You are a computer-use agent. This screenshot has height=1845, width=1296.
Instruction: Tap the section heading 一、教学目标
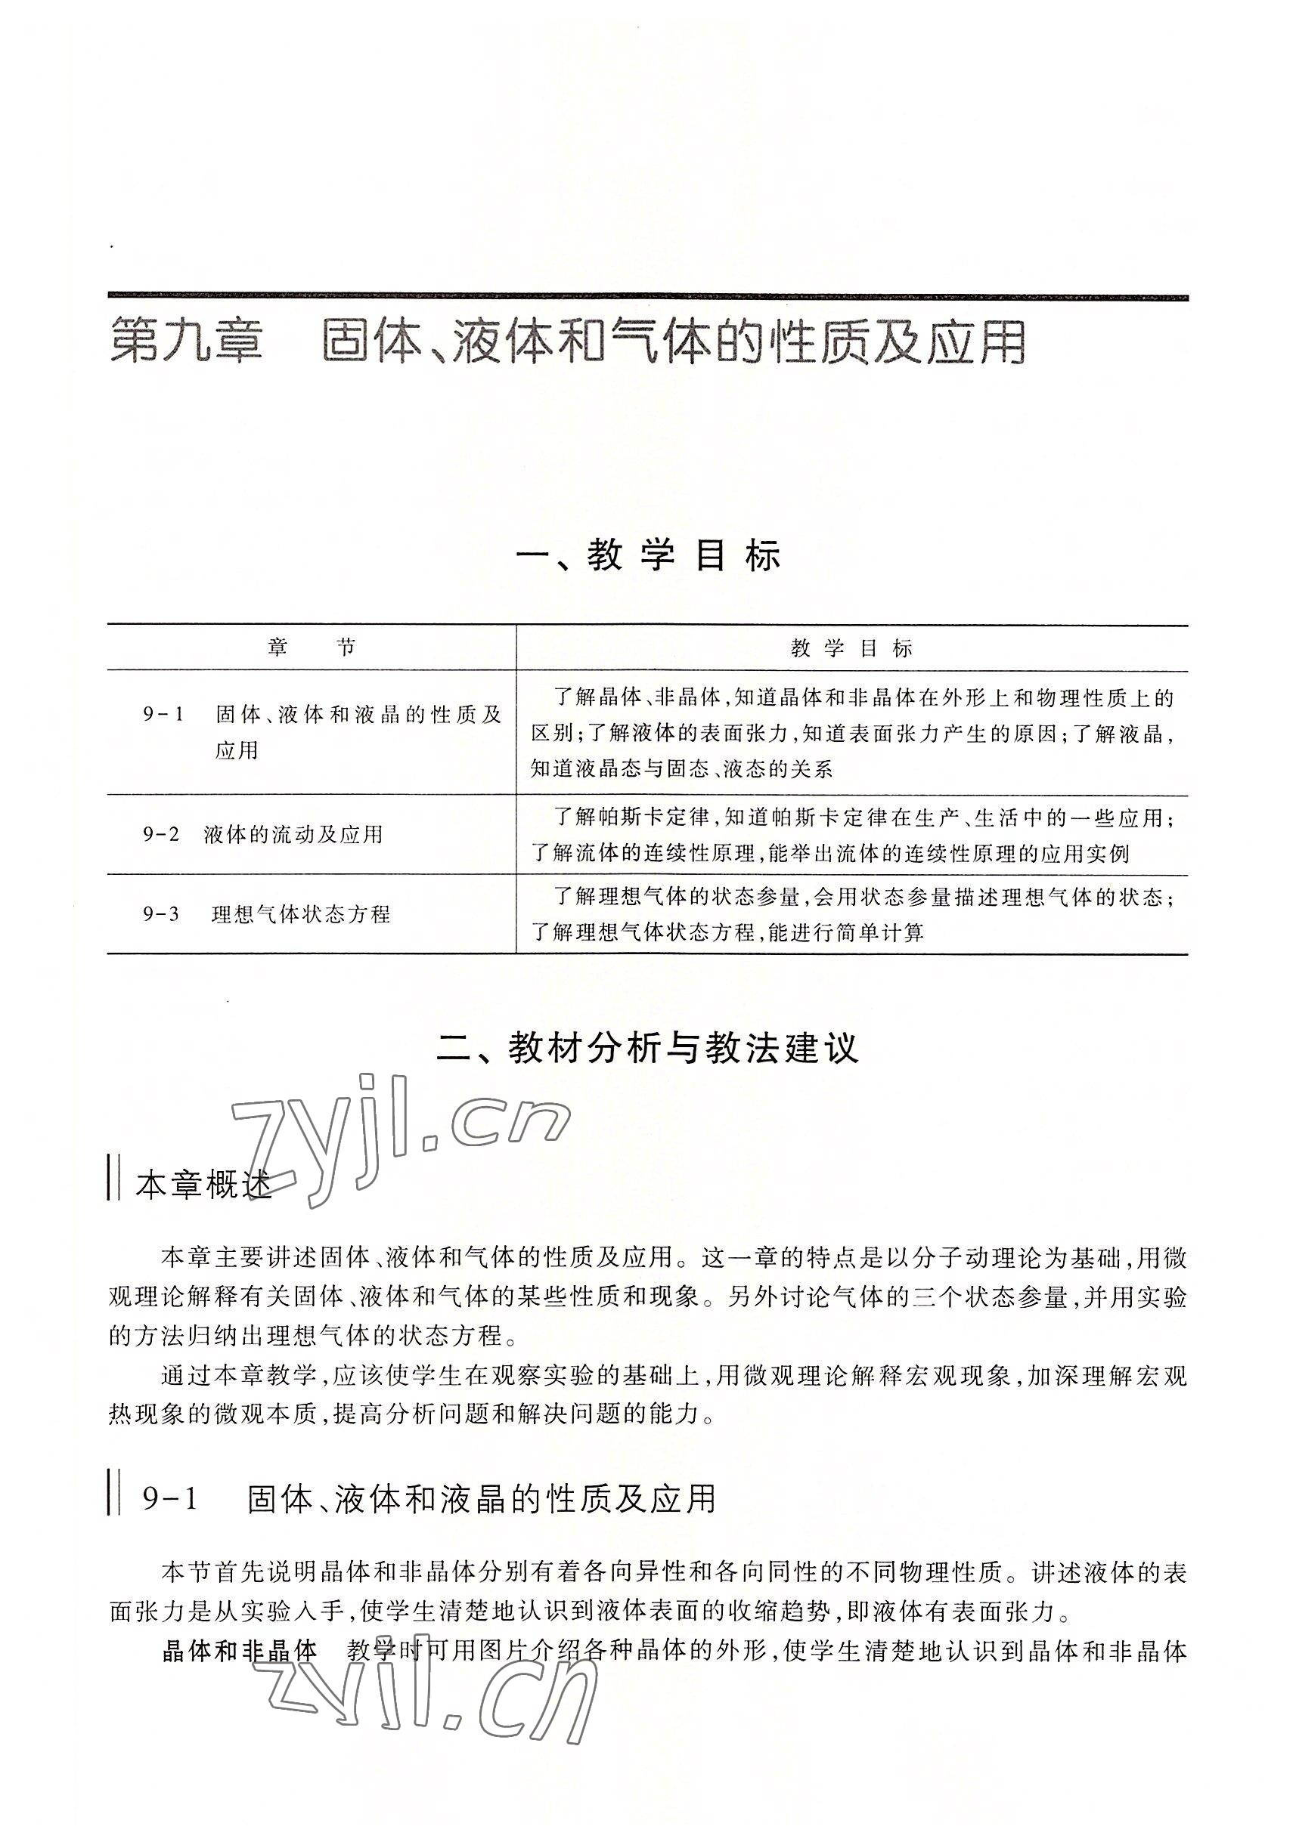click(648, 556)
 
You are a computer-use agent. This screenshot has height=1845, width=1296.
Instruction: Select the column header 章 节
click(312, 648)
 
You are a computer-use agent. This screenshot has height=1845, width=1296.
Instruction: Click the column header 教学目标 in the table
click(851, 648)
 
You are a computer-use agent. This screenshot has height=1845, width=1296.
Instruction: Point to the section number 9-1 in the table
click(164, 713)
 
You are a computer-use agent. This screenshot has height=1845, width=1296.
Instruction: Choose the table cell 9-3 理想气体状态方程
click(266, 913)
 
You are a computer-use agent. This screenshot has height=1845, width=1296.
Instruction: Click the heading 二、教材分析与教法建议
click(648, 1048)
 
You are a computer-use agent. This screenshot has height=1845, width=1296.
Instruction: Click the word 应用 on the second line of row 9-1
click(237, 749)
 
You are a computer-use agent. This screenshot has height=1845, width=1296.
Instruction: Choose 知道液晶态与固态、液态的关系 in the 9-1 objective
click(682, 769)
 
